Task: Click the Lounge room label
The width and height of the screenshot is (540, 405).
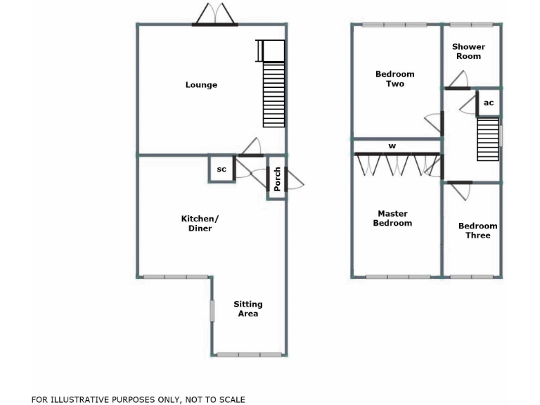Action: tap(201, 85)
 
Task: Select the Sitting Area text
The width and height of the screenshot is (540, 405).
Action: tap(247, 309)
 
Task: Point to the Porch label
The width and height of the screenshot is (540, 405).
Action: tap(278, 179)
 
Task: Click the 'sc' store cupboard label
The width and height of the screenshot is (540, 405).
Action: tap(221, 169)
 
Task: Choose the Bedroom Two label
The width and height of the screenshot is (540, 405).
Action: tap(394, 79)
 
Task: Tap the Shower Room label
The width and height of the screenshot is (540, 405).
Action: tap(468, 51)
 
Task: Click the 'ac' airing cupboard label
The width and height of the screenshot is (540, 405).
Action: tap(489, 103)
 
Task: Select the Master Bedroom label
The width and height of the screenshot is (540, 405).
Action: tap(392, 219)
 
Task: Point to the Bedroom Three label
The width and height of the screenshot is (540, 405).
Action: tap(477, 231)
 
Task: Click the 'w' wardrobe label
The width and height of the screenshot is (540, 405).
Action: tap(392, 146)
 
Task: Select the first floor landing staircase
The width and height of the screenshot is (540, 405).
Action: tap(487, 139)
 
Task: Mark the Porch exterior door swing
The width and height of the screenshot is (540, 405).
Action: tap(295, 182)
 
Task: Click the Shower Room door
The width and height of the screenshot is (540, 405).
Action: tap(458, 82)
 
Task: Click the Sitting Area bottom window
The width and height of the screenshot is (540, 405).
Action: tap(249, 354)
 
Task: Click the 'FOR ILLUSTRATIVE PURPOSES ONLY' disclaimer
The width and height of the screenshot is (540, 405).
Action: tap(139, 399)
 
